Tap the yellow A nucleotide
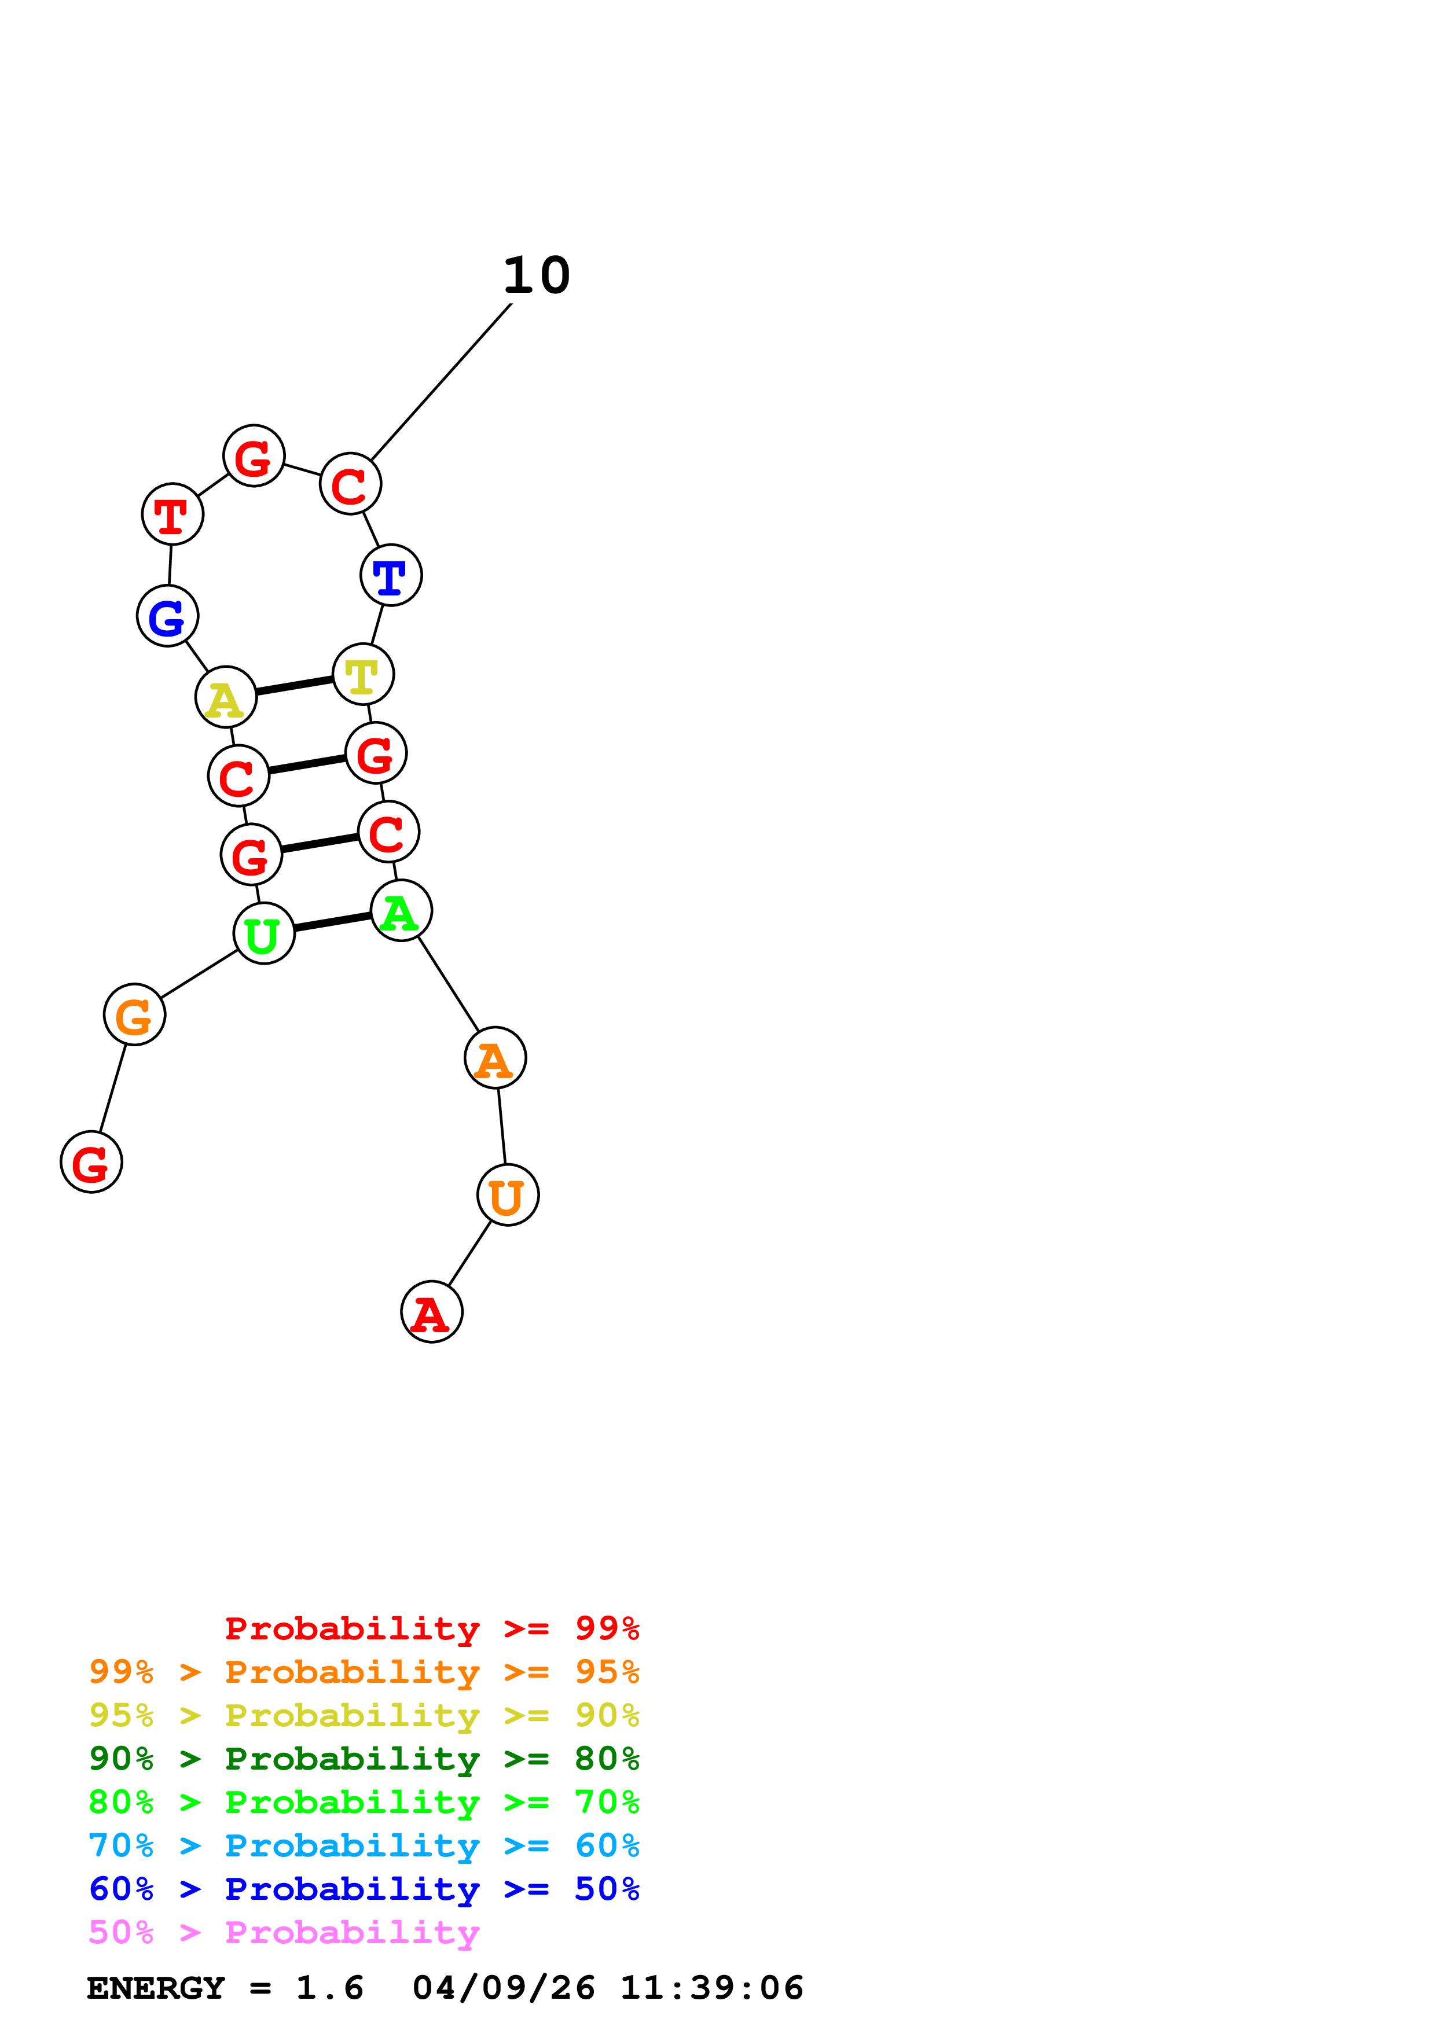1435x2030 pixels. pos(225,697)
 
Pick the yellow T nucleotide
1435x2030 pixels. pos(362,675)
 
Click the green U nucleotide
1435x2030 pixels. pos(263,933)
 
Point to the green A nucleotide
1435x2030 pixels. pos(401,911)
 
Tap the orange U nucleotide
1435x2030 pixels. pos(508,1196)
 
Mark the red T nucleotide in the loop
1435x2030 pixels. pos(173,514)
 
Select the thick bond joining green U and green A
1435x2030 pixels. pos(332,922)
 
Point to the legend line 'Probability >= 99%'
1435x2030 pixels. pos(431,1628)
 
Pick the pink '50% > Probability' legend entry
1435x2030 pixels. pos(284,1933)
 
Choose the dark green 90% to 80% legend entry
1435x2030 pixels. pos(364,1759)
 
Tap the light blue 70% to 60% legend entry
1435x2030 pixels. pos(364,1845)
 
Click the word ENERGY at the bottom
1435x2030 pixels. pos(156,1988)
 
